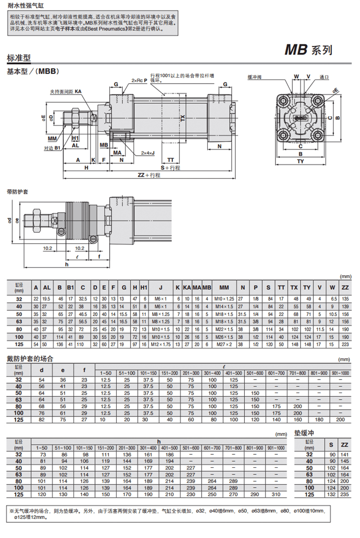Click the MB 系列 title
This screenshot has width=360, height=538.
pos(308,50)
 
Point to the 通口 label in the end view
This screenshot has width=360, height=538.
pos(324,77)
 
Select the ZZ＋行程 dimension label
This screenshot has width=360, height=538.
pos(149,176)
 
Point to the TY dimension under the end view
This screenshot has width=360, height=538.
pos(300,161)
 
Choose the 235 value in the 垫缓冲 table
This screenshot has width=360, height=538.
pos(344,494)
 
